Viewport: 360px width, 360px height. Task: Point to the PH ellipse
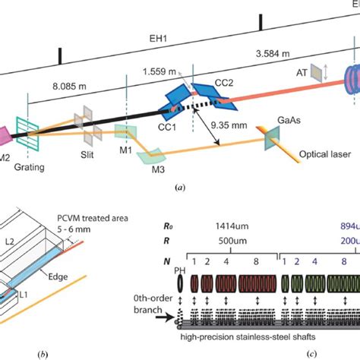(x=180, y=291)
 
